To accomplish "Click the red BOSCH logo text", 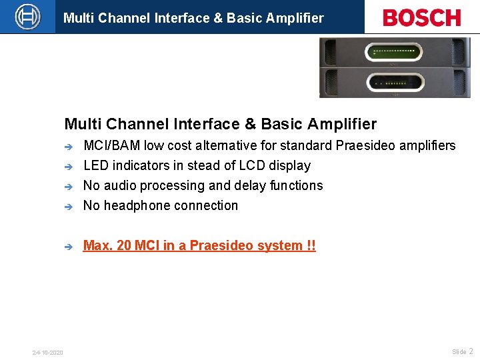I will coord(422,17).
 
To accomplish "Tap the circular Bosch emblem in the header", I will coord(27,16).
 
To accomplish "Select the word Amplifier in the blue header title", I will coord(293,18).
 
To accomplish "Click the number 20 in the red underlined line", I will coord(124,245).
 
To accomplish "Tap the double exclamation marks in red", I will coord(311,245).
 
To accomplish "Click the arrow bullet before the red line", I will coord(68,246).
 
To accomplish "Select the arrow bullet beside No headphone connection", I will coord(68,206).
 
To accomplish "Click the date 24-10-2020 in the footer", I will coord(48,352).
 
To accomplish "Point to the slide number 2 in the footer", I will coord(471,351).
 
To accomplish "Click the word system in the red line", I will coord(283,245).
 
